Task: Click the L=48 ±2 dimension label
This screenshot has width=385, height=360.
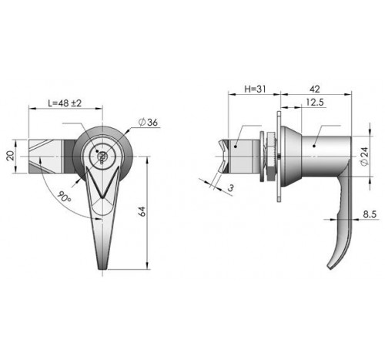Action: (x=65, y=103)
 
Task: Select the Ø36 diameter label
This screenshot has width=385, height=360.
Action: (x=148, y=123)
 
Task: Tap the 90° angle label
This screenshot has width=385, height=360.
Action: (x=64, y=197)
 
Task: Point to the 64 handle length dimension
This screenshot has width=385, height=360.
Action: (x=142, y=211)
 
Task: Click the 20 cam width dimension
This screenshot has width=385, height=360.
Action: (x=10, y=156)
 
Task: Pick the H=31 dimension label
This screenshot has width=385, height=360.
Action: (x=255, y=89)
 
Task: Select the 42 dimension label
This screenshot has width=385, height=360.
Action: (x=315, y=89)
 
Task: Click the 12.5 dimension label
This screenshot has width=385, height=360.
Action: (x=315, y=103)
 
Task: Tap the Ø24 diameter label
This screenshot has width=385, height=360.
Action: (x=364, y=156)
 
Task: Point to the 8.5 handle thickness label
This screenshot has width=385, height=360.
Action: (x=370, y=214)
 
